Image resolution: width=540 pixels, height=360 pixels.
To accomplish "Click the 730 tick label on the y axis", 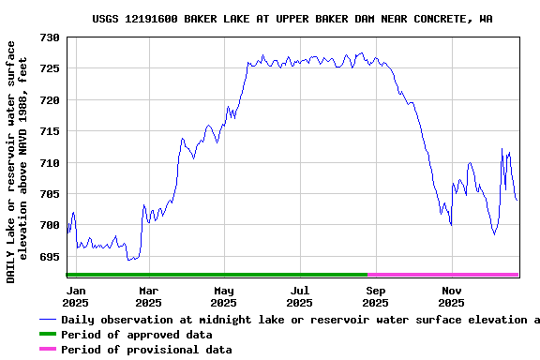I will (x=50, y=37).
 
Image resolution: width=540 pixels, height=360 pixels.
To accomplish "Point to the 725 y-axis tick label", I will (x=50, y=68).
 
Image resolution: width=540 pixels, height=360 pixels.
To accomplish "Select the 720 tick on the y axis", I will (x=50, y=100).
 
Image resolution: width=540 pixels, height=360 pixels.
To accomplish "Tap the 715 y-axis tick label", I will (x=50, y=131).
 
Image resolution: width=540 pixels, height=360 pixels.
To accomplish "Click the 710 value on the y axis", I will (x=50, y=163).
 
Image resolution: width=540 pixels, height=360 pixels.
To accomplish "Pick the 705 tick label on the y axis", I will (x=50, y=194).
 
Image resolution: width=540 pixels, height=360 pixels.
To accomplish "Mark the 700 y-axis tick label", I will (x=50, y=225).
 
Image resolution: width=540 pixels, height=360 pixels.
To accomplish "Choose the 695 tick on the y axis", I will (x=50, y=257).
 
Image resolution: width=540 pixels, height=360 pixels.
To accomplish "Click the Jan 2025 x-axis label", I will (x=76, y=296).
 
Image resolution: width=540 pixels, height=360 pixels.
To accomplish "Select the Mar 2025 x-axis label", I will (x=148, y=296).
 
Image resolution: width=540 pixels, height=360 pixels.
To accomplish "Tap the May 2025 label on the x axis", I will (x=223, y=296).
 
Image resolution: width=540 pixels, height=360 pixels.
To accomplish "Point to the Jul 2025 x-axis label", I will (x=299, y=296).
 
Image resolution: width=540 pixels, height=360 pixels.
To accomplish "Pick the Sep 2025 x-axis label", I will (x=375, y=296).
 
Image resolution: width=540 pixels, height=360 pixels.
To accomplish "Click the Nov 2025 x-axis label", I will (x=451, y=296).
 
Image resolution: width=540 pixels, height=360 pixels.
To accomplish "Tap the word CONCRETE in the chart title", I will (x=440, y=19).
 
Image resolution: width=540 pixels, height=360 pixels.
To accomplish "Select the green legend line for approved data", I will (x=47, y=335).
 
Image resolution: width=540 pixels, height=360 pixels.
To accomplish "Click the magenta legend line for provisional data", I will (x=47, y=350).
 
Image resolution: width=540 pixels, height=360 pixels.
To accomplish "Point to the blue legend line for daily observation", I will (x=47, y=320).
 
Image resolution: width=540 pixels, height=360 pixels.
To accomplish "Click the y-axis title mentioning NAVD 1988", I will (x=23, y=161).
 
